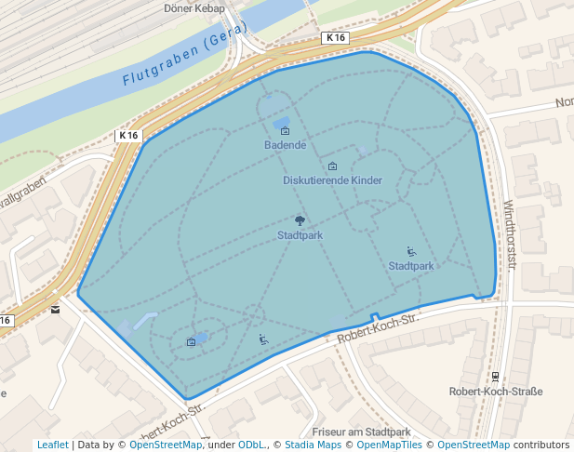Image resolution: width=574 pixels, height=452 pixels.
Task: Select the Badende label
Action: point(285,145)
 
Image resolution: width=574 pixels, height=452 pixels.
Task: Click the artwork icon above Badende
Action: point(285,131)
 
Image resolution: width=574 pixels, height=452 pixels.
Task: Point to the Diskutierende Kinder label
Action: point(332,179)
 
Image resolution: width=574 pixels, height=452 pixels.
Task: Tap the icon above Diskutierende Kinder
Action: point(332,166)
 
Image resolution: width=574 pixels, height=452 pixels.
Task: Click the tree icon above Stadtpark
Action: point(300,220)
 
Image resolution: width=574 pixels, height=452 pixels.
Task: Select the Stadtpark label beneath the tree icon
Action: point(300,235)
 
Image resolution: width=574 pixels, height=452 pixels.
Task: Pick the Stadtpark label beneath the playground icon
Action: point(410,266)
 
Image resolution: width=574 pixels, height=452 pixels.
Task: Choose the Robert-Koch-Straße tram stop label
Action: point(495,392)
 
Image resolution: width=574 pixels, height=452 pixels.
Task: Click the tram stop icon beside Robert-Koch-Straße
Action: point(495,377)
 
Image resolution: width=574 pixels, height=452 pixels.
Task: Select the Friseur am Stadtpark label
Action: point(361,432)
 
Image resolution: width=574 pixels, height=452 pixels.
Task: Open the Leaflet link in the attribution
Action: point(52,445)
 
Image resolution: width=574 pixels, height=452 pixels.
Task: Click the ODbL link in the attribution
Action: point(251,445)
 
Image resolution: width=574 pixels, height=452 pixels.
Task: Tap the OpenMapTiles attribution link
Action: point(386,445)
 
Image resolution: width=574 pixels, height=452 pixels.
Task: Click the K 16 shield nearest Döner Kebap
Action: point(336,38)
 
